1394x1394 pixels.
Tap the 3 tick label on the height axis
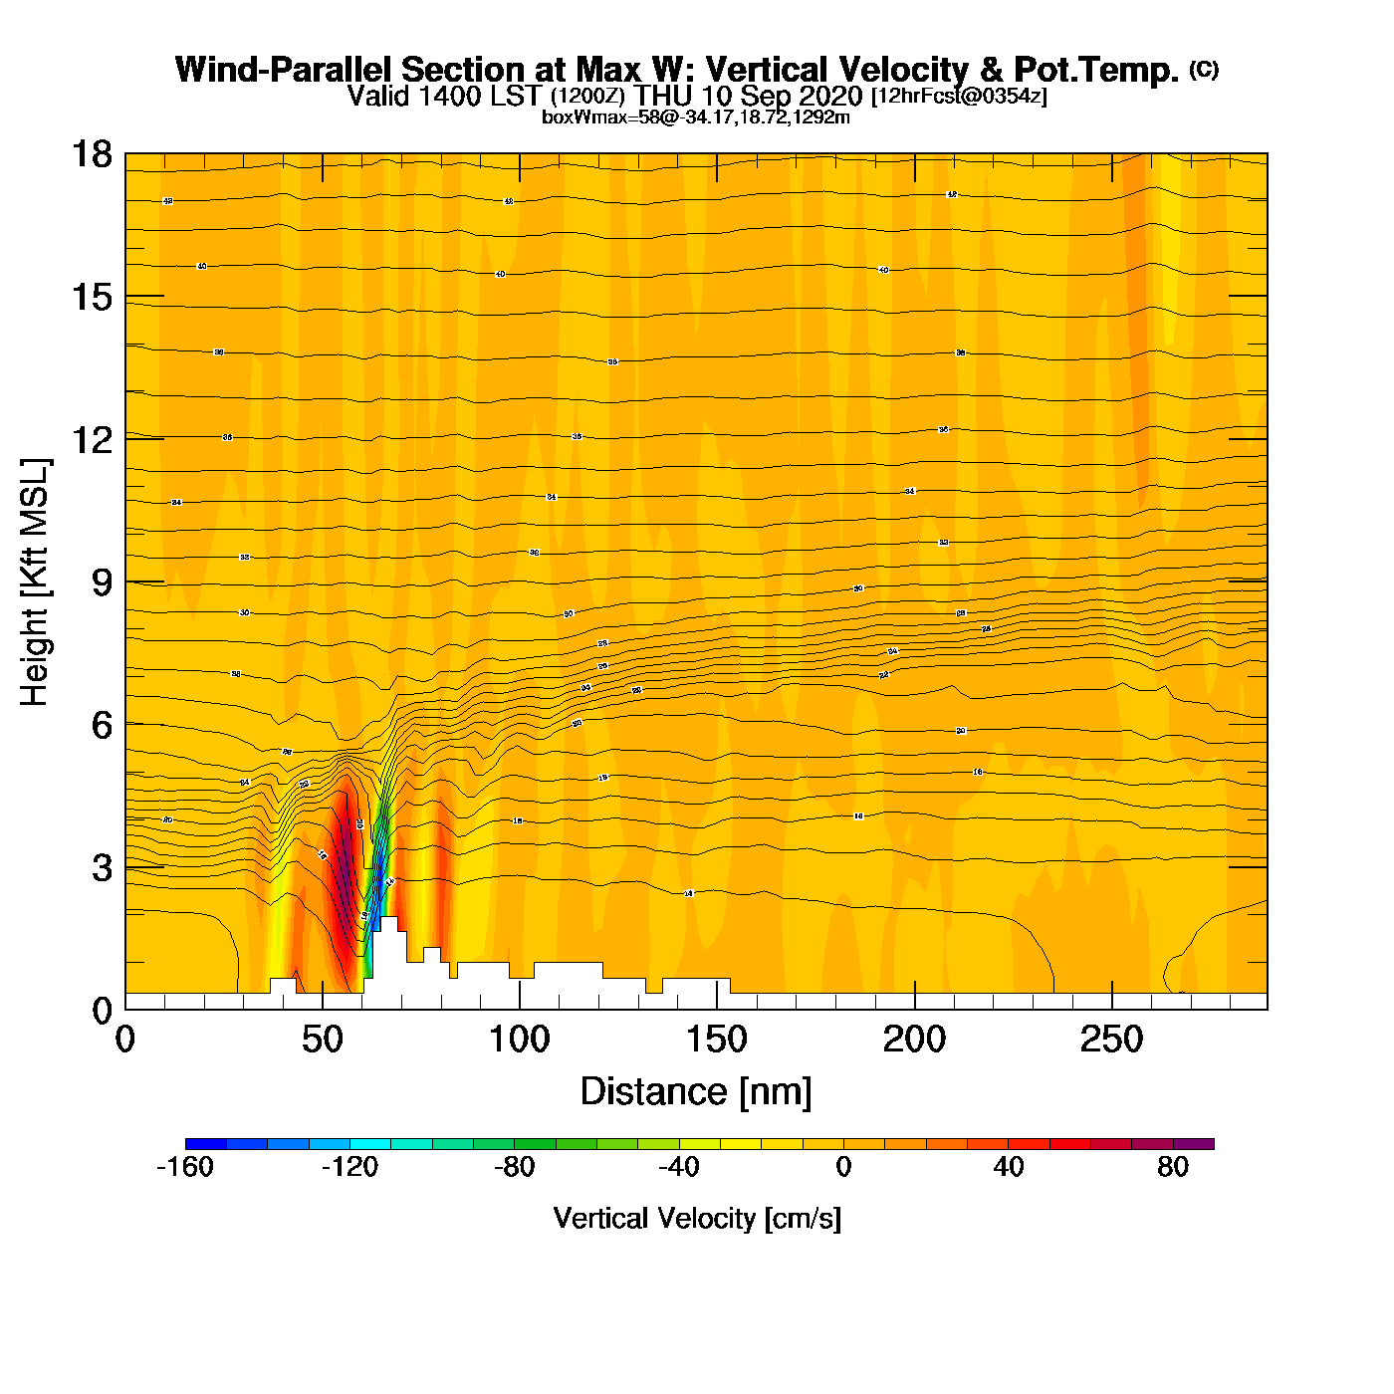click(x=102, y=868)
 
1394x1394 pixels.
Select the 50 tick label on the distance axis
click(x=322, y=1041)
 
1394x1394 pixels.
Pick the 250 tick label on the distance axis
click(x=1111, y=1041)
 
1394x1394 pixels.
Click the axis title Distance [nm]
click(x=696, y=1092)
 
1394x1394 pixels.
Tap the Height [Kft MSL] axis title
click(x=35, y=582)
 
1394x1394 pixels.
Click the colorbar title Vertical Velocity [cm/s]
click(x=697, y=1218)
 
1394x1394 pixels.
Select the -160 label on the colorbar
click(x=185, y=1167)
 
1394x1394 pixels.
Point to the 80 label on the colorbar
click(x=1173, y=1167)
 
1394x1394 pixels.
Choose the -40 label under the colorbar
click(x=679, y=1167)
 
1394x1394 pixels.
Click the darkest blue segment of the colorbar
click(x=206, y=1144)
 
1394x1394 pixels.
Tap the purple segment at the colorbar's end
click(x=1193, y=1144)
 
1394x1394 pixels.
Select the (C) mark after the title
click(x=1204, y=69)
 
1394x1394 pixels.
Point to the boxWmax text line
click(x=696, y=117)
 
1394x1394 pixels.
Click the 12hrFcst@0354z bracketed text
click(x=959, y=97)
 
